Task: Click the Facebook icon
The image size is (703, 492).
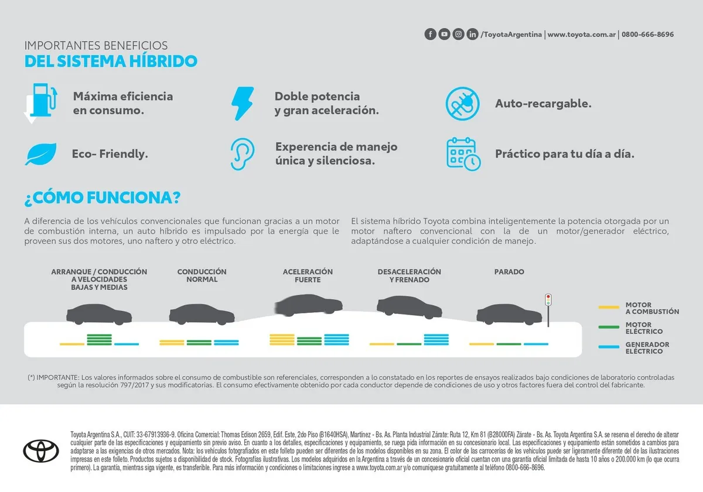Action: pos(430,34)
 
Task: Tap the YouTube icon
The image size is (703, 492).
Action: pos(444,34)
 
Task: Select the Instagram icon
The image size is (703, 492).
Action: pos(458,34)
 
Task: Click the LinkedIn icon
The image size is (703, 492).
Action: pos(472,34)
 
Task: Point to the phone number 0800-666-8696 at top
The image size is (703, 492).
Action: pos(647,34)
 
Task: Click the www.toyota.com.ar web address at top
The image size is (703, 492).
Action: pos(581,34)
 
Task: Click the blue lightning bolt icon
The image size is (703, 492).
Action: pos(243,104)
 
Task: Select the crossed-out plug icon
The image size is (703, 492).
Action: pos(462,104)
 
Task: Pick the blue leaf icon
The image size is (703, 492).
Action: pos(41,154)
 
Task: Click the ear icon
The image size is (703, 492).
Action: pos(243,154)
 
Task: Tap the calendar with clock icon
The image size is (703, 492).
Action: pos(463,154)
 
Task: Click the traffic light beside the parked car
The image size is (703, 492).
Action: pos(548,310)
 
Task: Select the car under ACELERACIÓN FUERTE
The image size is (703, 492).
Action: pos(309,305)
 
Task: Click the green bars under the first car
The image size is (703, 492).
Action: pos(99,340)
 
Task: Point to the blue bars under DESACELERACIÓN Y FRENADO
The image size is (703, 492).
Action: pos(436,340)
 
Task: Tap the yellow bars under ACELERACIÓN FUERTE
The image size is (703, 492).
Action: pos(282,340)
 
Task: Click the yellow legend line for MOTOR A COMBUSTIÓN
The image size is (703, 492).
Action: pos(609,307)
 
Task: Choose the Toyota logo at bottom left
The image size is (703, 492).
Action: pos(41,451)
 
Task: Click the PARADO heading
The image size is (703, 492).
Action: pos(509,272)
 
